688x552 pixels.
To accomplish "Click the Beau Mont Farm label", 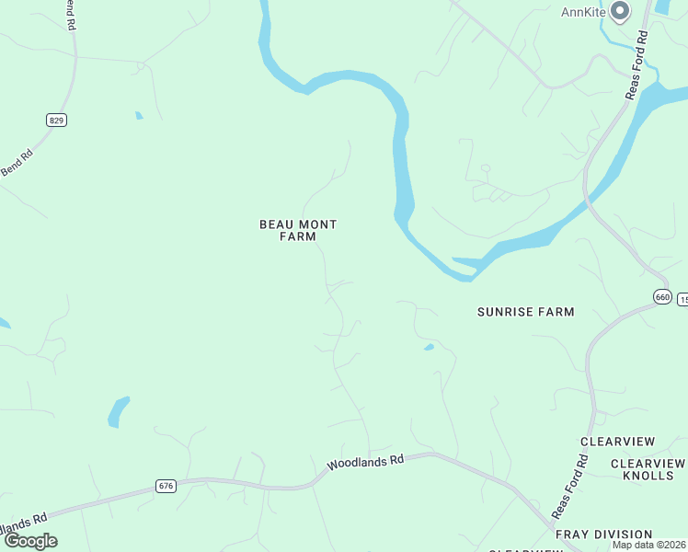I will point(298,230).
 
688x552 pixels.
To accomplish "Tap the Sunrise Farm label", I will point(525,312).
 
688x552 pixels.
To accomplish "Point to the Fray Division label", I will point(603,535).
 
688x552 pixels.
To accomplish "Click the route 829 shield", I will point(57,120).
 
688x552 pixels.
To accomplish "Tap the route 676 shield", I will point(166,486).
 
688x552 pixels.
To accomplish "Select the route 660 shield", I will point(663,296).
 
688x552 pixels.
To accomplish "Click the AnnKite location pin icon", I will point(620,11).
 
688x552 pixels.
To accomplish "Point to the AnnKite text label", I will point(583,12).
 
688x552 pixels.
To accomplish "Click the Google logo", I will point(30,541).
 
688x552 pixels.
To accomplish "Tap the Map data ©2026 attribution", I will point(649,545).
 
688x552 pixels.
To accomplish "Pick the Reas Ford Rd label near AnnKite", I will point(637,64).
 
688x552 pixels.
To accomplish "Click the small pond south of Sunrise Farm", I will point(429,347).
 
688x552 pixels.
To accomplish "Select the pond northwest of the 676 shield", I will point(119,411).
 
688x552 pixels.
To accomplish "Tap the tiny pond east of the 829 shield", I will point(139,116).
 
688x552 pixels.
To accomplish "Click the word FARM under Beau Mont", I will point(298,236).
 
